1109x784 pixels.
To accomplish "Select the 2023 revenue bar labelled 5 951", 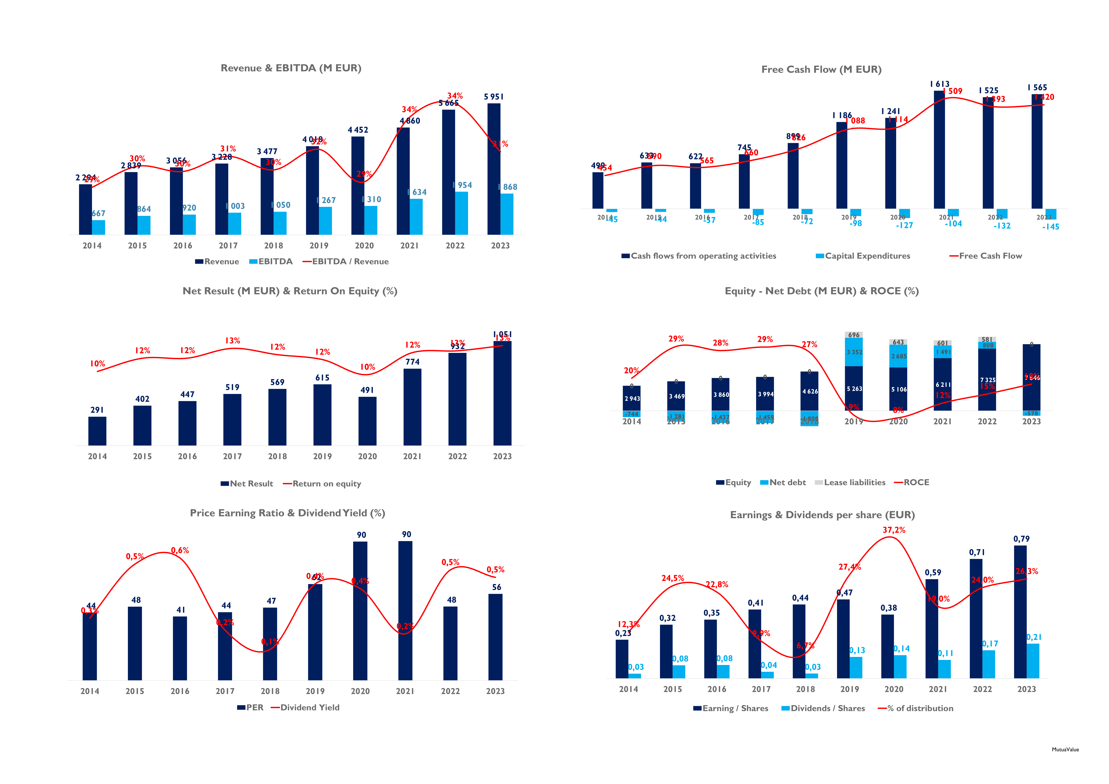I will [494, 169].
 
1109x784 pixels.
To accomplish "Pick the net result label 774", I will [413, 362].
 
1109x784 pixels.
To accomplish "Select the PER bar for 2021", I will [405, 611].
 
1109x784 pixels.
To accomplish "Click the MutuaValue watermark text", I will [1065, 750].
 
